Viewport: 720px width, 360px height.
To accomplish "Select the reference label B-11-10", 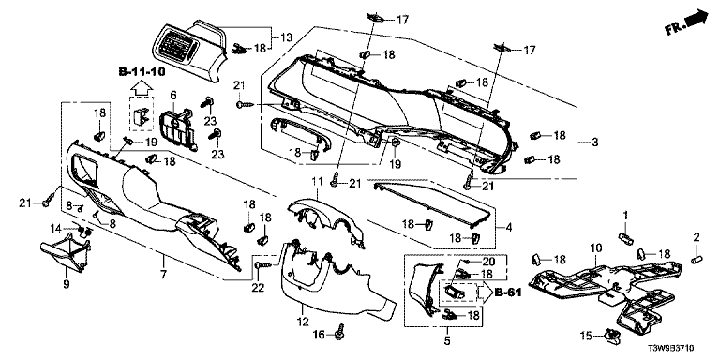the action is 142,71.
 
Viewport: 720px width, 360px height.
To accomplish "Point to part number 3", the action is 595,142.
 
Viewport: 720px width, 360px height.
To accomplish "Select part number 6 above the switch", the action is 173,95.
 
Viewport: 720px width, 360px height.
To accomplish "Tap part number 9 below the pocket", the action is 67,285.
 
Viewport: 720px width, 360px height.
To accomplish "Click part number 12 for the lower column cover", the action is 304,322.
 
